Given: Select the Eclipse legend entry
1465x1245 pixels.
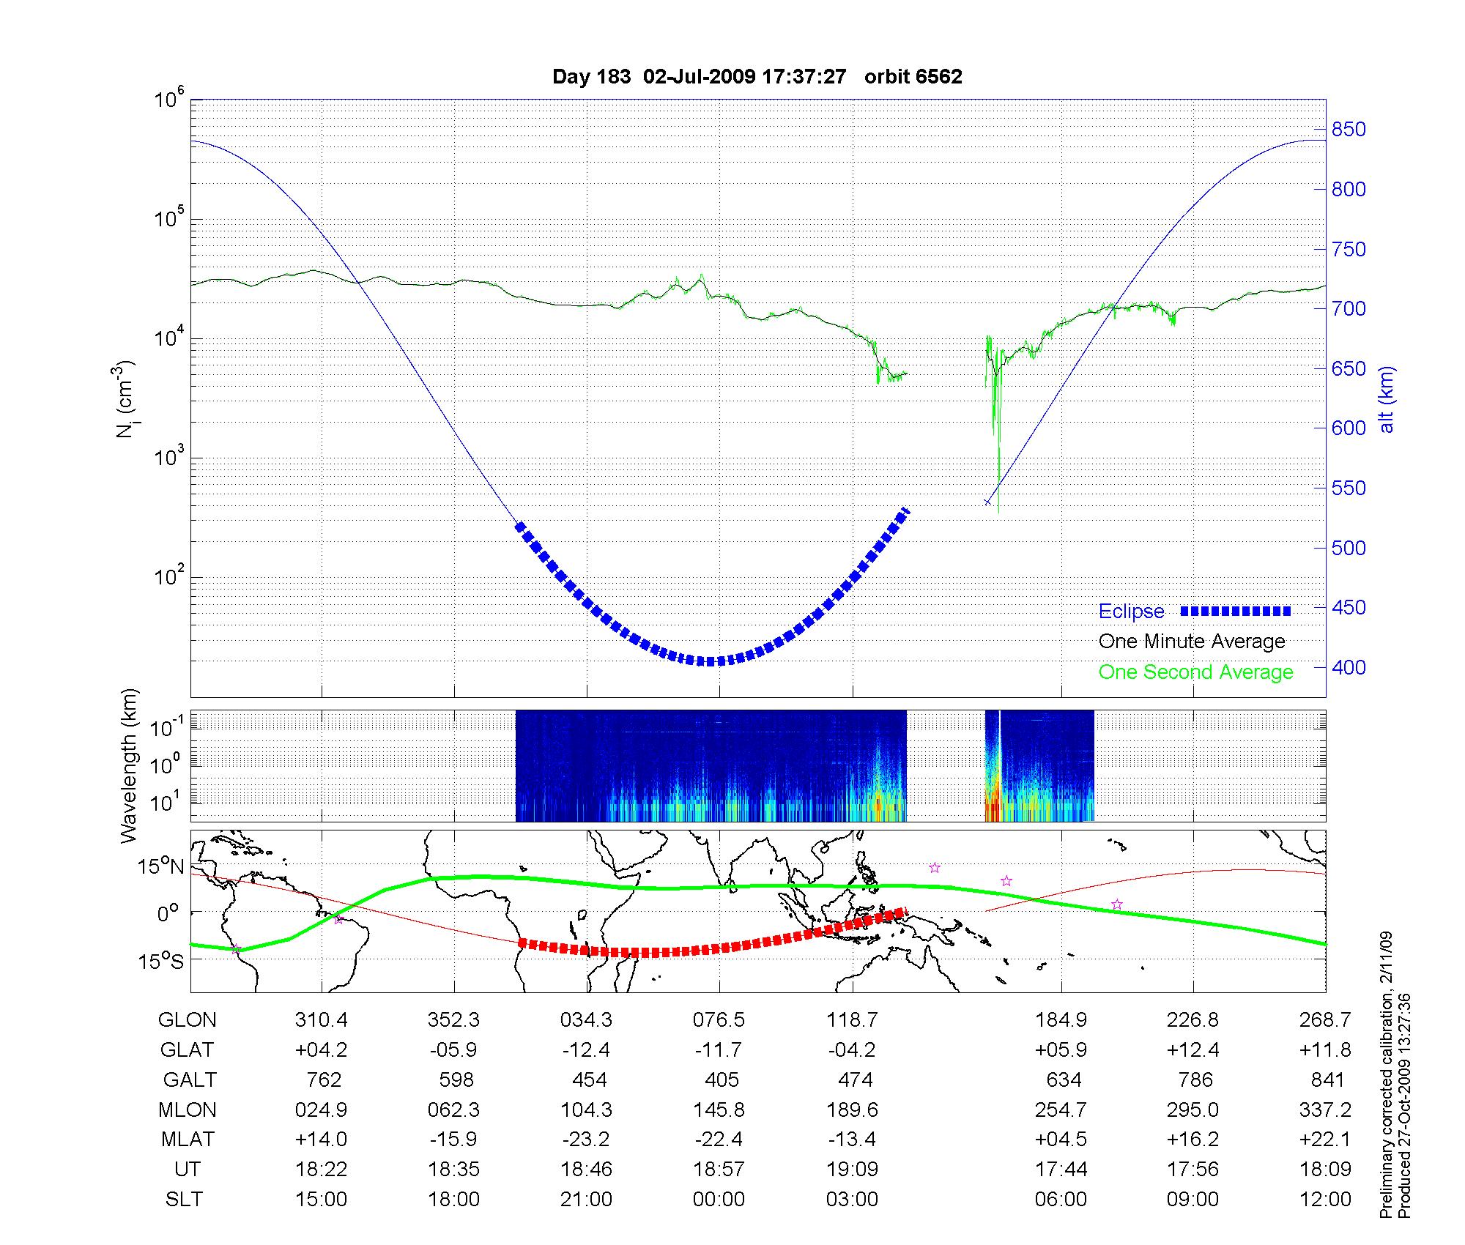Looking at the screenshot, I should tap(1131, 612).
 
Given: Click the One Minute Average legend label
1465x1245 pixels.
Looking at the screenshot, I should tap(1192, 642).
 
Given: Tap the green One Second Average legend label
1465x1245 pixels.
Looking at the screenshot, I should tap(1195, 672).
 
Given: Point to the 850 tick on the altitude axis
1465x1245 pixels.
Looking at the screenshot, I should tap(1349, 130).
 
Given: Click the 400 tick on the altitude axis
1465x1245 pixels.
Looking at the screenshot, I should tap(1349, 667).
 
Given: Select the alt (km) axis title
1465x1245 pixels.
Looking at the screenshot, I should tap(1387, 399).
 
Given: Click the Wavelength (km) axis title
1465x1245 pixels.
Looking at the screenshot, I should tap(130, 765).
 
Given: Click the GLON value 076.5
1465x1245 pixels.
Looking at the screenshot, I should tap(719, 1020).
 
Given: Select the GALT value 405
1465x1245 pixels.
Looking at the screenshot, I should tap(722, 1079).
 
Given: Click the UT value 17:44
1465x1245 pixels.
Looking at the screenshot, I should tap(1061, 1170).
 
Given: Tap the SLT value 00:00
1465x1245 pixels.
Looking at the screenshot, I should tap(719, 1200).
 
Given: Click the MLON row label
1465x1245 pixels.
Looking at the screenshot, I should tap(188, 1110).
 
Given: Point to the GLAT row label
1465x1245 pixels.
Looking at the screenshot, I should tap(187, 1050).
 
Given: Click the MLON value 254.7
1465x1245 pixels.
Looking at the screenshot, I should tap(1061, 1110).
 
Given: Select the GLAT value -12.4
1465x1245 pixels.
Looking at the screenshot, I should tap(586, 1050).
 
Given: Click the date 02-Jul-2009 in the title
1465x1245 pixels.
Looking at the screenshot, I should tap(699, 77).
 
